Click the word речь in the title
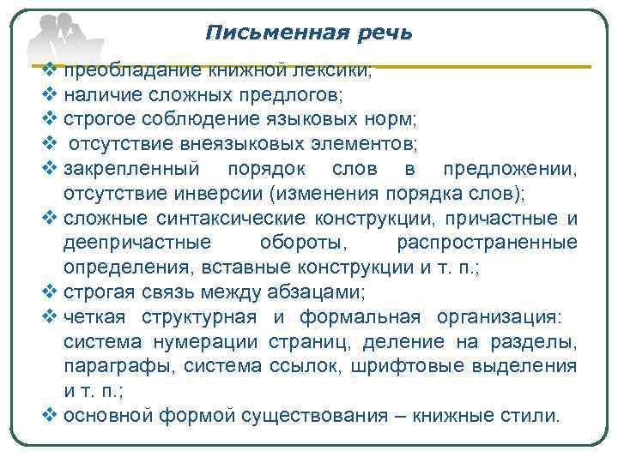(x=382, y=33)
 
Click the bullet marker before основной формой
(x=48, y=417)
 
